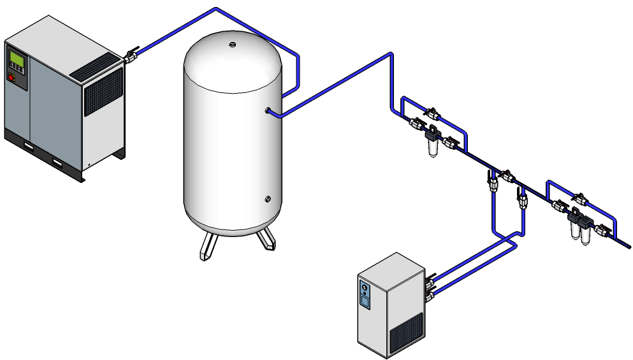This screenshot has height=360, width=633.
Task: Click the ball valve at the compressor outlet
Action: pyautogui.click(x=131, y=57)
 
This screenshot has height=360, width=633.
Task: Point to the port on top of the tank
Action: pyautogui.click(x=233, y=45)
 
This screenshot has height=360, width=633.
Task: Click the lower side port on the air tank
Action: pyautogui.click(x=268, y=199)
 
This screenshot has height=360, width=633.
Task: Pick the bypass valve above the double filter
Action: pyautogui.click(x=579, y=198)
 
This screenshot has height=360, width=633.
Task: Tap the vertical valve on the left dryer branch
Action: pyautogui.click(x=492, y=184)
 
